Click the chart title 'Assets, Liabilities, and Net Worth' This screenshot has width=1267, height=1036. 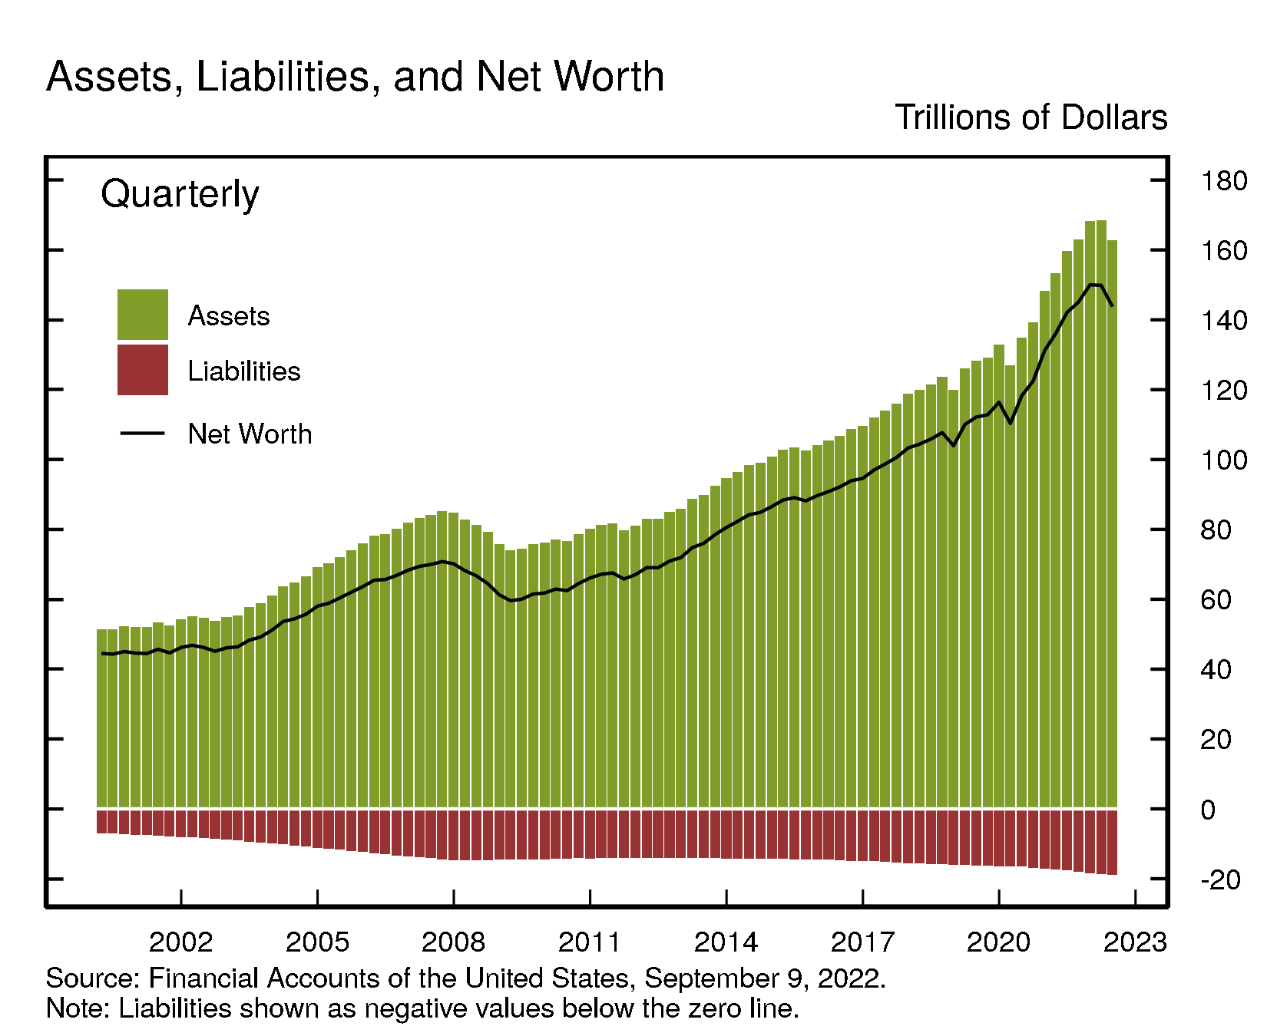[x=355, y=77]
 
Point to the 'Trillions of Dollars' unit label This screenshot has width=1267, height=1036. [x=1030, y=118]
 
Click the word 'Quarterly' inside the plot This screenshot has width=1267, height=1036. [x=180, y=193]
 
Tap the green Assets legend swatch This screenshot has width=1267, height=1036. [x=143, y=314]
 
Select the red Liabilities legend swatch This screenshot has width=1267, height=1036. [x=143, y=370]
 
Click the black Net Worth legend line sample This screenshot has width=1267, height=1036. [x=143, y=434]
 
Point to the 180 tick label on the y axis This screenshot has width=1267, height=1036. [x=1223, y=181]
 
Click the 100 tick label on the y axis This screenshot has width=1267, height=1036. [x=1223, y=460]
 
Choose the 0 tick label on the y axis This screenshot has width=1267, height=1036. [x=1209, y=810]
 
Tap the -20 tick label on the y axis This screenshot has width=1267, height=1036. [x=1221, y=879]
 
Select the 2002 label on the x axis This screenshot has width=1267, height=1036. [x=181, y=942]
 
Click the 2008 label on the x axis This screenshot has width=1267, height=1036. [x=454, y=942]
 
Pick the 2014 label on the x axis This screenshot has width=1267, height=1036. [x=726, y=942]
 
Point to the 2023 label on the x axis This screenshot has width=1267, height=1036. [x=1135, y=942]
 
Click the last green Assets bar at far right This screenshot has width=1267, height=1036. [x=1112, y=522]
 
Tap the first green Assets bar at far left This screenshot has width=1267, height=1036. [x=101, y=718]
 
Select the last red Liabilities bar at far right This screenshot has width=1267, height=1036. [x=1112, y=842]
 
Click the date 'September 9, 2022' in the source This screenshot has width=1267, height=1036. [x=764, y=978]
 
